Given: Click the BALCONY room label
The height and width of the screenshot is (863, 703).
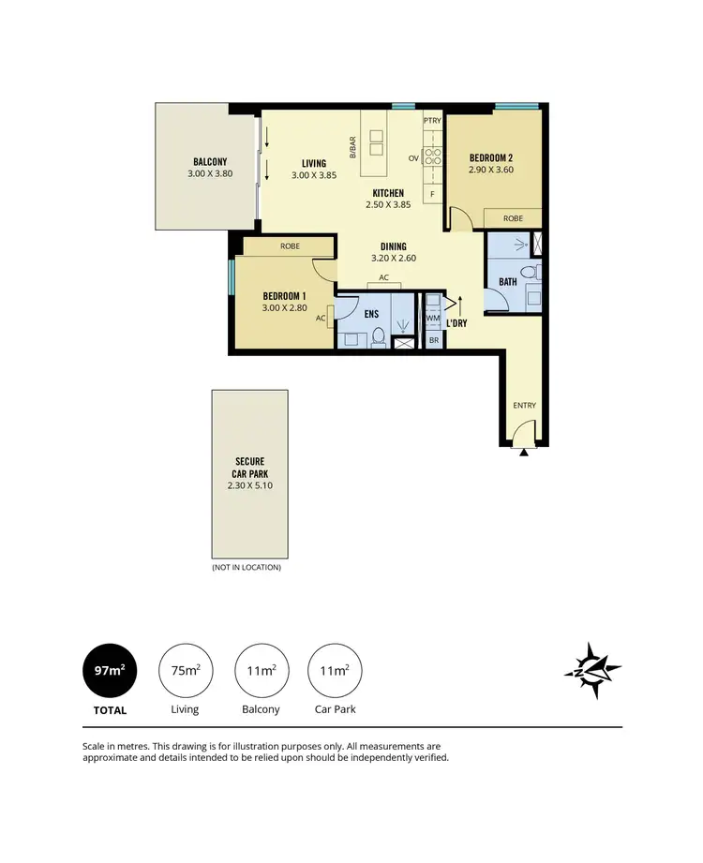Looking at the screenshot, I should point(210,162).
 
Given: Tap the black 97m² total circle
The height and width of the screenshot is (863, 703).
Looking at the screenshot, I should point(110,670).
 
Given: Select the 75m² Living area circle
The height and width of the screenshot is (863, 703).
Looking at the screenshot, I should point(185,670).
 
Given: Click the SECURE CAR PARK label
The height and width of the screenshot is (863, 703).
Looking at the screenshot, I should point(249,467).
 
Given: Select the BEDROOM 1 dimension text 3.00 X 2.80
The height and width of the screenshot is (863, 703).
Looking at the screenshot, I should point(286,307).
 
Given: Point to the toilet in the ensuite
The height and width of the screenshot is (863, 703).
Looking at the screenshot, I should point(379,336).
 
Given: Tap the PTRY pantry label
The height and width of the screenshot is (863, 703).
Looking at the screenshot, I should point(431,121).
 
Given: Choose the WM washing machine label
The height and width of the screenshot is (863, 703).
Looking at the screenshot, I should point(432,319).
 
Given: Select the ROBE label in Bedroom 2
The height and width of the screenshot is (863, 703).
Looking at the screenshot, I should point(513,218).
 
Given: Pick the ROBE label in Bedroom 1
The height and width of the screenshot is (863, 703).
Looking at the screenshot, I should point(290,246).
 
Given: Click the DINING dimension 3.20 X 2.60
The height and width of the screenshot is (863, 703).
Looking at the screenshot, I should point(393,259).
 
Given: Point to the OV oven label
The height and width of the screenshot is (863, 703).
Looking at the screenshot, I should point(412,158).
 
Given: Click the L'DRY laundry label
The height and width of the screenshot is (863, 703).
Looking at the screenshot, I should point(456,323).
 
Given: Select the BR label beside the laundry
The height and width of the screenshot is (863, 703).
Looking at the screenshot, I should point(433,340).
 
